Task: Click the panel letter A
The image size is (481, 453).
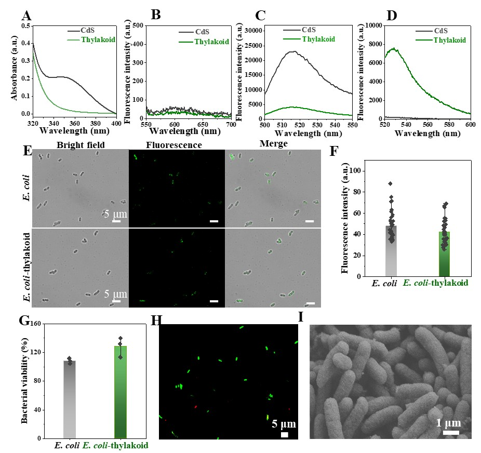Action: click(x=26, y=15)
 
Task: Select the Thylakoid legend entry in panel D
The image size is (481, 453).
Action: click(x=449, y=40)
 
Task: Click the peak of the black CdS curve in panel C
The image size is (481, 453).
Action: click(x=294, y=51)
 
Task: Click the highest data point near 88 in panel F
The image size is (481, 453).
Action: click(x=390, y=183)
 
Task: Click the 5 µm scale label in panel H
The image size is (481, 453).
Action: click(x=284, y=424)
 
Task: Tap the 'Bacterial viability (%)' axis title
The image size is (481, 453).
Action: click(x=24, y=380)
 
